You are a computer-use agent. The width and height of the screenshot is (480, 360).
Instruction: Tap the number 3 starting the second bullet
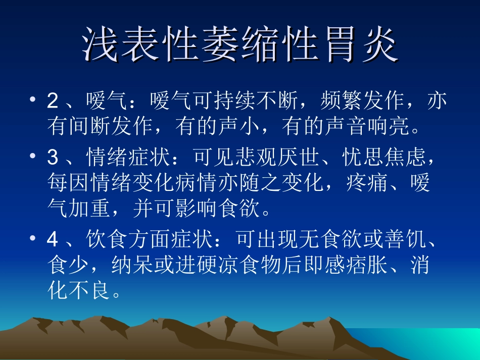click(53, 158)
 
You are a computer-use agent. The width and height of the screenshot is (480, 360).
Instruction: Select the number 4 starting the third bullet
click(53, 240)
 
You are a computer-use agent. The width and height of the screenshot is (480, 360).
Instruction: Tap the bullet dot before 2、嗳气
click(33, 100)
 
